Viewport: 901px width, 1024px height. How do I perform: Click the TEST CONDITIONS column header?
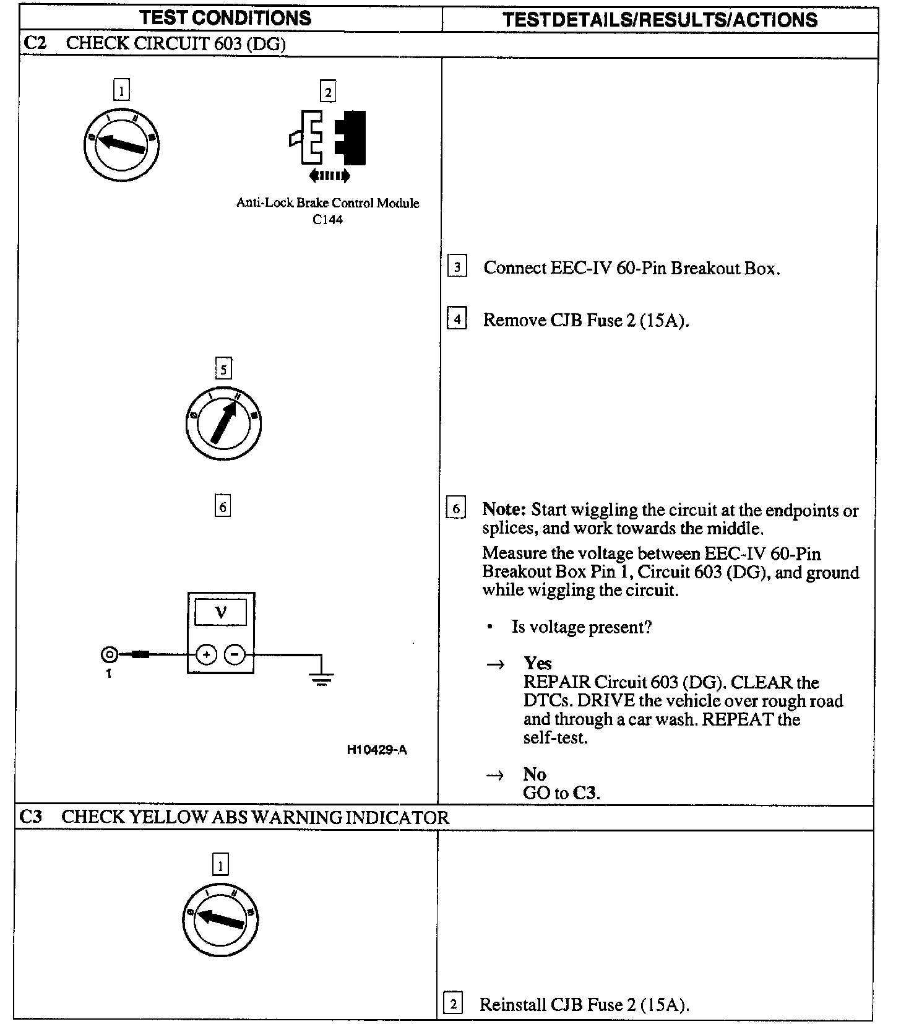[225, 18]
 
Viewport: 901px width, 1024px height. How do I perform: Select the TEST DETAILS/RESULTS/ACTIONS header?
[660, 19]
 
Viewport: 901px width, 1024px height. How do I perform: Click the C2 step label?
[35, 43]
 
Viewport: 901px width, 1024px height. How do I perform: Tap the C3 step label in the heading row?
[31, 817]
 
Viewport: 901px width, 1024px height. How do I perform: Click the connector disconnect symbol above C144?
[328, 146]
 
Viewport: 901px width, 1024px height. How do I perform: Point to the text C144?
[327, 220]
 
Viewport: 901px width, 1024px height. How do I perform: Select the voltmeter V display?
[221, 613]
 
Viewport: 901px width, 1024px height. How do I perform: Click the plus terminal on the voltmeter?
[207, 654]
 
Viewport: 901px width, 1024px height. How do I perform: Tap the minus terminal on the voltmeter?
[235, 654]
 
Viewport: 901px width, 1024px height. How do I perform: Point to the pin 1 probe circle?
[109, 654]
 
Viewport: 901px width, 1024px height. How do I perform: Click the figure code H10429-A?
[377, 750]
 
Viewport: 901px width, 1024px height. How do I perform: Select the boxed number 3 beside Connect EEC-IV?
[457, 267]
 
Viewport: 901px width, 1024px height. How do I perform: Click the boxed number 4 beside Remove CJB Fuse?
[457, 319]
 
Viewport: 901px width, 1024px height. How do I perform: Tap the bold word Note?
[504, 510]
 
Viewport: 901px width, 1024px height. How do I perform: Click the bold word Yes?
[537, 663]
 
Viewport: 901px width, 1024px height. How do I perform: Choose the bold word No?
[535, 774]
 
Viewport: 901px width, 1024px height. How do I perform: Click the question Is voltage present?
[581, 627]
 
